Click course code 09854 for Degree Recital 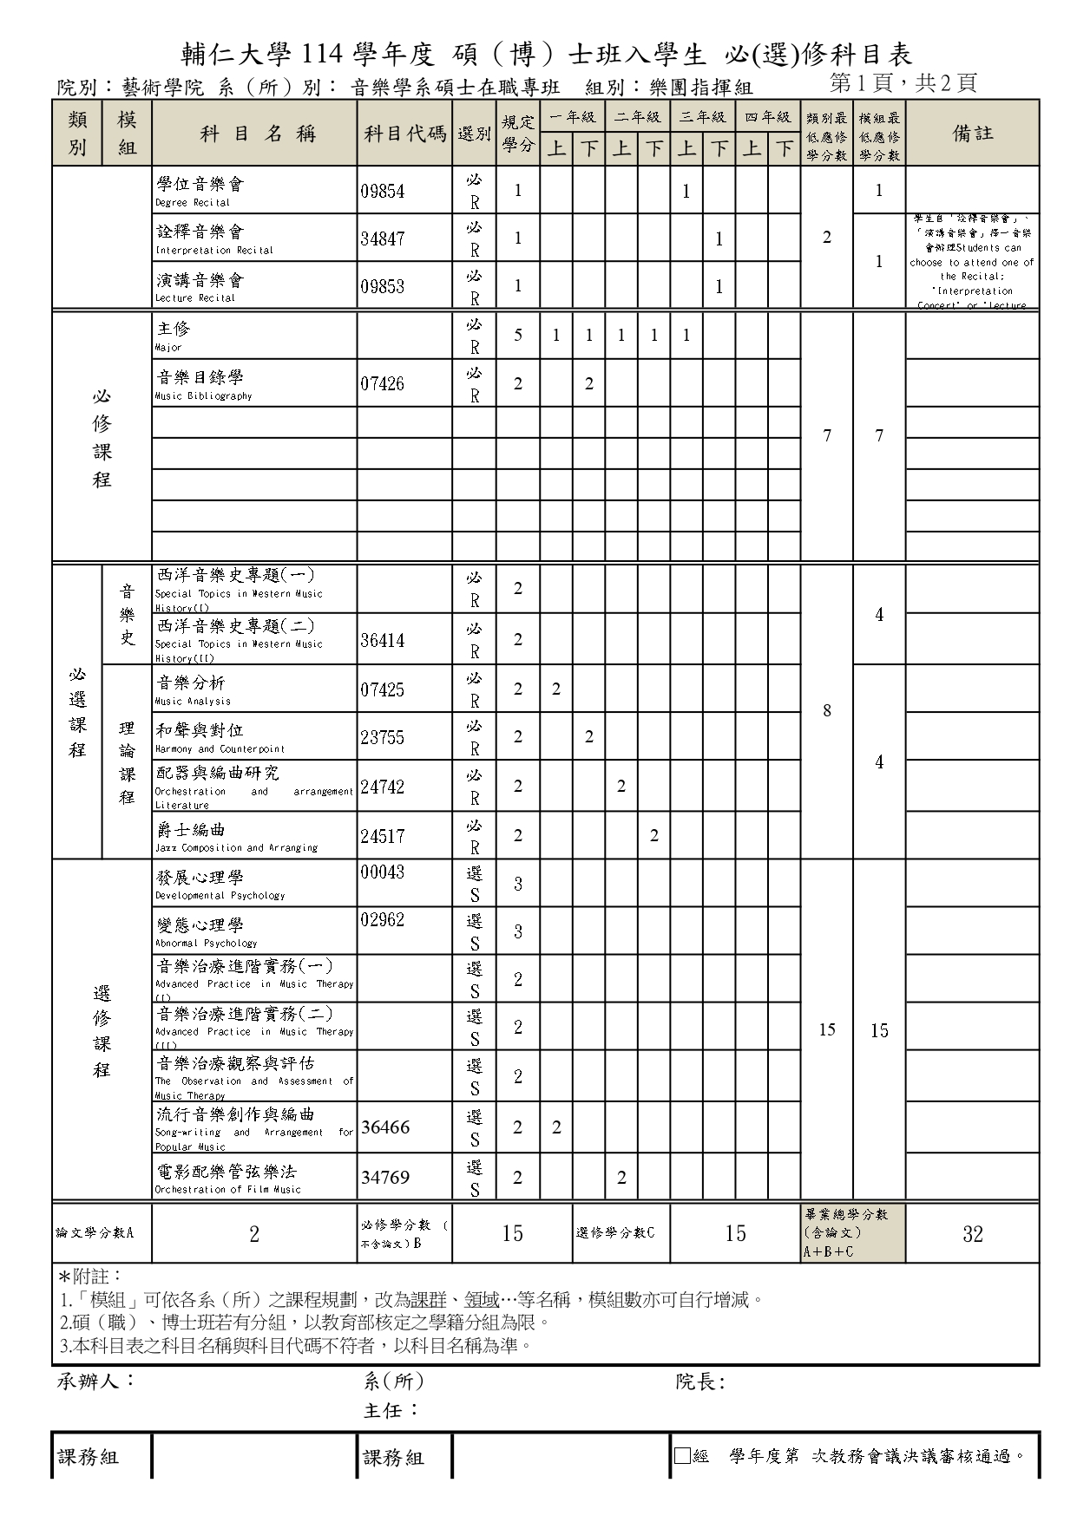[383, 192]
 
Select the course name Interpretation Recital [213, 239]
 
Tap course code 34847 [383, 239]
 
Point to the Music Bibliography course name [204, 384]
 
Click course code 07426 [383, 384]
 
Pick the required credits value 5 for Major [518, 336]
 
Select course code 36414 [383, 641]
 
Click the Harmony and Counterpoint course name [220, 737]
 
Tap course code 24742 [383, 787]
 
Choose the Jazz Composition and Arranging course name [236, 836]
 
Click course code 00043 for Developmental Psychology [383, 872]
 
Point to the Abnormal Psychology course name [207, 932]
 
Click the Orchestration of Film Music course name [228, 1178]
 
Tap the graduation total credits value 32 [973, 1234]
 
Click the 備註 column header [973, 134]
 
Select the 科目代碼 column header [404, 134]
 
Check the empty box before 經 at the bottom [682, 1456]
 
